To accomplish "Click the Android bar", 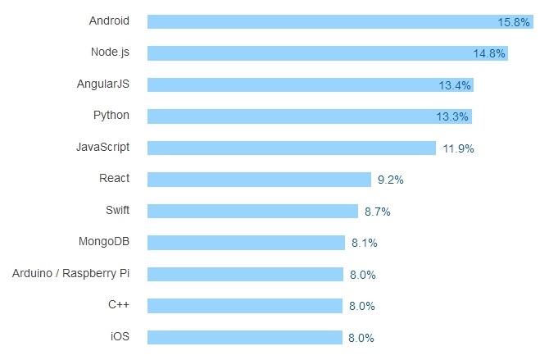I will [x=328, y=21].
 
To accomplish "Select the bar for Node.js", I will [x=328, y=53].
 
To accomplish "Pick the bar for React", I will [x=260, y=180].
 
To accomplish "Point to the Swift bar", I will [x=253, y=211].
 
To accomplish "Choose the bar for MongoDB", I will [x=247, y=243].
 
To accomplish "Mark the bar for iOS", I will [x=245, y=337].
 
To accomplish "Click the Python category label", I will [x=111, y=115].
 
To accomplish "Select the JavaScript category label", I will [x=102, y=147].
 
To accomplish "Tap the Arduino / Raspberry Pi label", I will [x=71, y=273].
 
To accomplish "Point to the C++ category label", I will [x=119, y=305].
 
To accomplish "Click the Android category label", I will [x=109, y=21].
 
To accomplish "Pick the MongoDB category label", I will [x=104, y=242].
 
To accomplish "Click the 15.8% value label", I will [x=514, y=22].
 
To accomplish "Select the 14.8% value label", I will [x=489, y=54].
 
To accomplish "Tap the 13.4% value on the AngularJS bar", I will [x=455, y=85].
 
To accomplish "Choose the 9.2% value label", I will [x=391, y=180].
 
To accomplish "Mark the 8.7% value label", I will [x=377, y=212].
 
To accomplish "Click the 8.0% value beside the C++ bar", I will [x=361, y=306].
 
